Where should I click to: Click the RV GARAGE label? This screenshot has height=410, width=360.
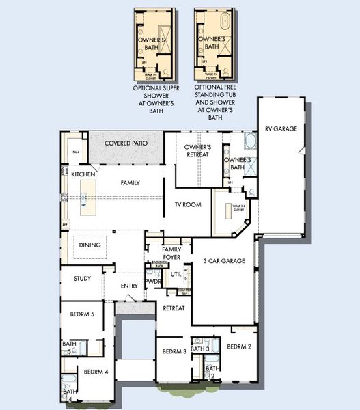pyautogui.click(x=281, y=128)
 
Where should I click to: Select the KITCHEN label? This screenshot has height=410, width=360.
pyautogui.click(x=83, y=174)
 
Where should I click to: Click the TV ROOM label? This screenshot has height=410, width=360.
pyautogui.click(x=187, y=204)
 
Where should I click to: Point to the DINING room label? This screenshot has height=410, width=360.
pyautogui.click(x=89, y=245)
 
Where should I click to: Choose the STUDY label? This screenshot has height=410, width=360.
pyautogui.click(x=83, y=278)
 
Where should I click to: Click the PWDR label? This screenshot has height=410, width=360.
pyautogui.click(x=153, y=282)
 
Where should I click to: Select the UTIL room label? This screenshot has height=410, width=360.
pyautogui.click(x=175, y=274)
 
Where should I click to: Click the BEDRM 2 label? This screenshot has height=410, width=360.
pyautogui.click(x=239, y=346)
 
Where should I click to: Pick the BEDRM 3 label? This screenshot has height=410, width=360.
pyautogui.click(x=174, y=351)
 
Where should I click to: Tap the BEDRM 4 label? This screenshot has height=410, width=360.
pyautogui.click(x=96, y=372)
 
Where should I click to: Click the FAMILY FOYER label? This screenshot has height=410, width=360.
pyautogui.click(x=171, y=253)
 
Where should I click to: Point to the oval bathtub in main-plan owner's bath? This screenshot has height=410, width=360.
pyautogui.click(x=250, y=142)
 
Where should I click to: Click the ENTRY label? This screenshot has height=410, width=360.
pyautogui.click(x=129, y=286)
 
